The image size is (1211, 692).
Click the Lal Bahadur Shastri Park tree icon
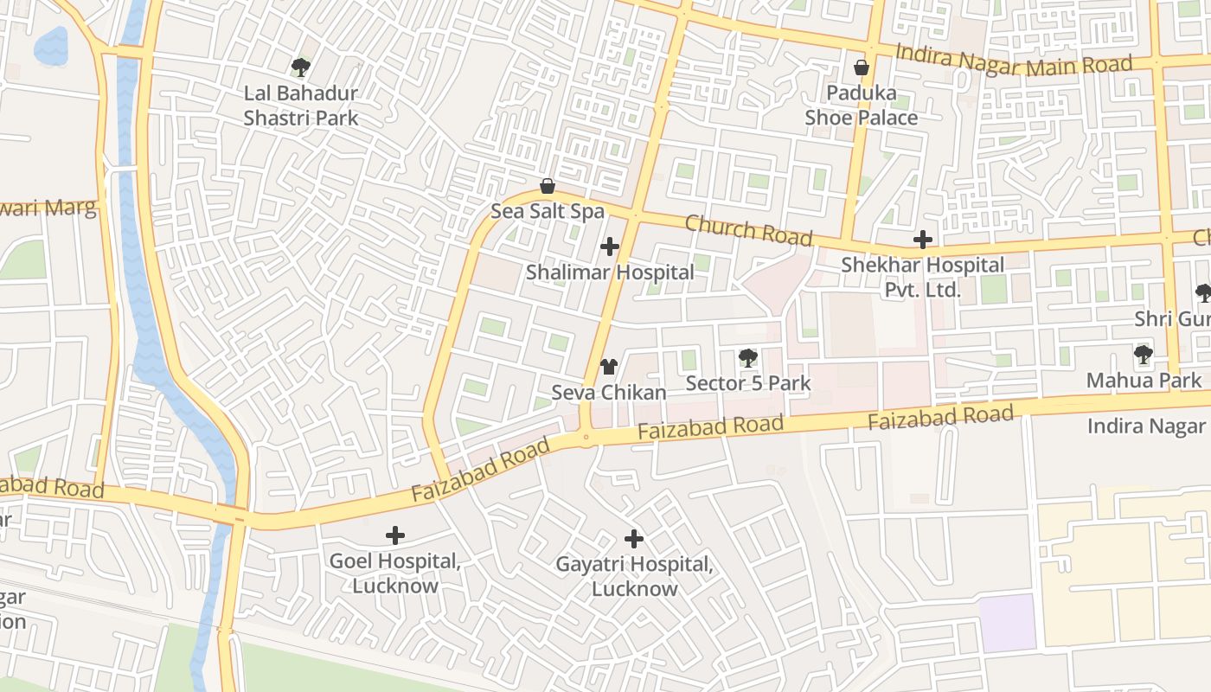click(300, 67)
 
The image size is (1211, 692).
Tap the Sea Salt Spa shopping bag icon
click(547, 186)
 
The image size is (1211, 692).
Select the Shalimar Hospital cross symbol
click(610, 247)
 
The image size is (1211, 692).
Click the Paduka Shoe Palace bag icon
click(862, 67)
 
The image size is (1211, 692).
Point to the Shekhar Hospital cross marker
click(923, 240)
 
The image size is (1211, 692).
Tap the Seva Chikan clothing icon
click(609, 367)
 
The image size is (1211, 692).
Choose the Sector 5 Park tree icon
click(747, 357)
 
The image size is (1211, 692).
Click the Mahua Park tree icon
click(1144, 354)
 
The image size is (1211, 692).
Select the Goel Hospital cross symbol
click(395, 535)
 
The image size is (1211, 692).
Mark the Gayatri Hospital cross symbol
click(634, 539)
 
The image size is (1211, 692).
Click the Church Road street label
click(749, 230)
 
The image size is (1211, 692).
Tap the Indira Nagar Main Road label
click(1014, 60)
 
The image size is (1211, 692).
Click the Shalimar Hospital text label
click(610, 272)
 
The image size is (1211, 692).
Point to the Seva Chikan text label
click(609, 393)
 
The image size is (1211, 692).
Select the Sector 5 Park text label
click(748, 382)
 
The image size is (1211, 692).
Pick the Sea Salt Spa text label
click(548, 211)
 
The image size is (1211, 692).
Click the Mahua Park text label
click(1144, 380)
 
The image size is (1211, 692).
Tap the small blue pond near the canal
click(50, 45)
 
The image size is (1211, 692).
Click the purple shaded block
click(1007, 623)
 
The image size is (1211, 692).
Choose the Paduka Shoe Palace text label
click(862, 105)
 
